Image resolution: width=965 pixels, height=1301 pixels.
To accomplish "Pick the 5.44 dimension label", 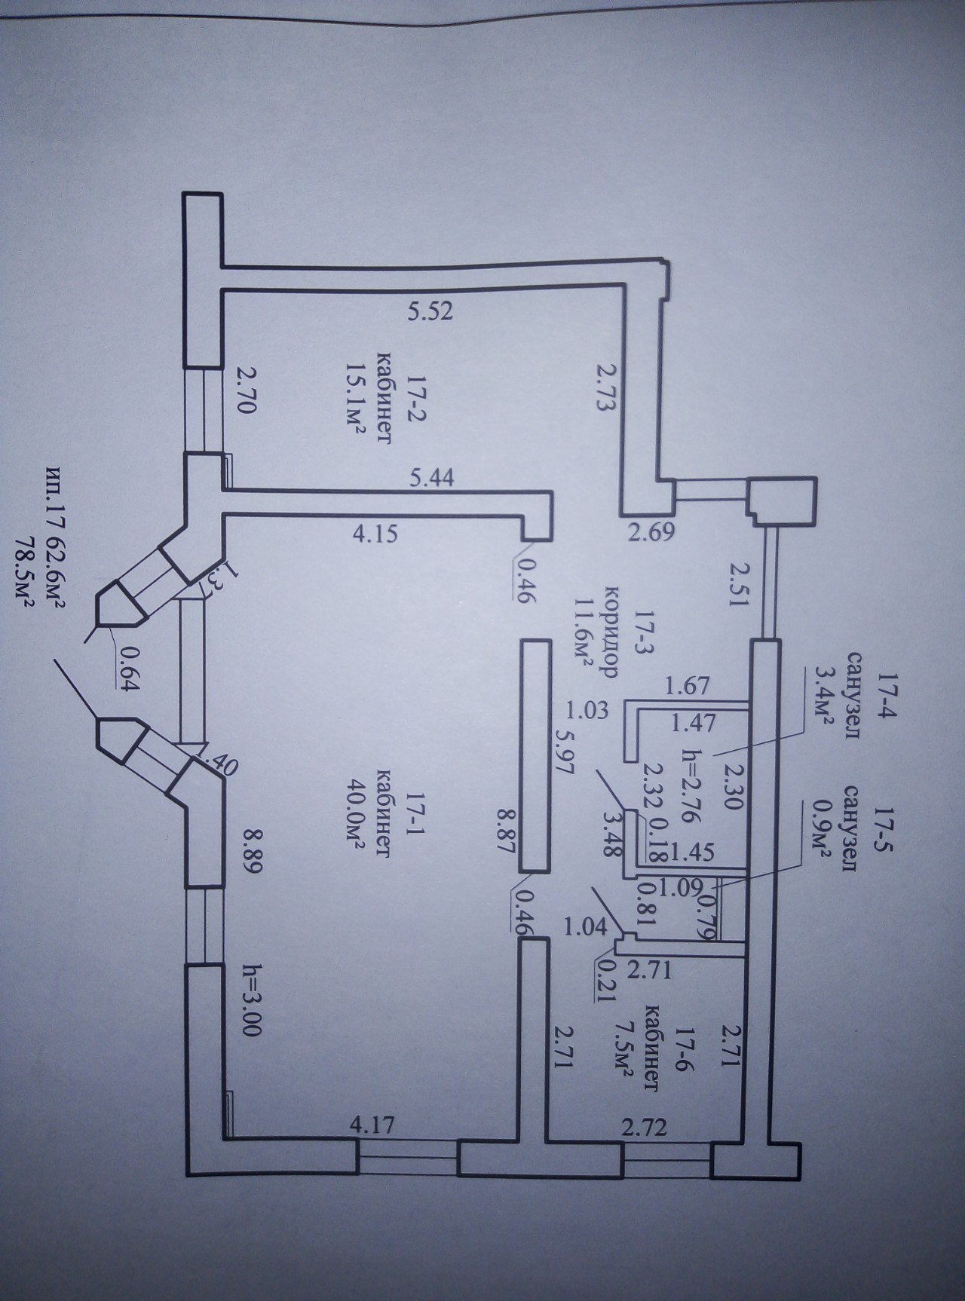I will pos(432,477).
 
